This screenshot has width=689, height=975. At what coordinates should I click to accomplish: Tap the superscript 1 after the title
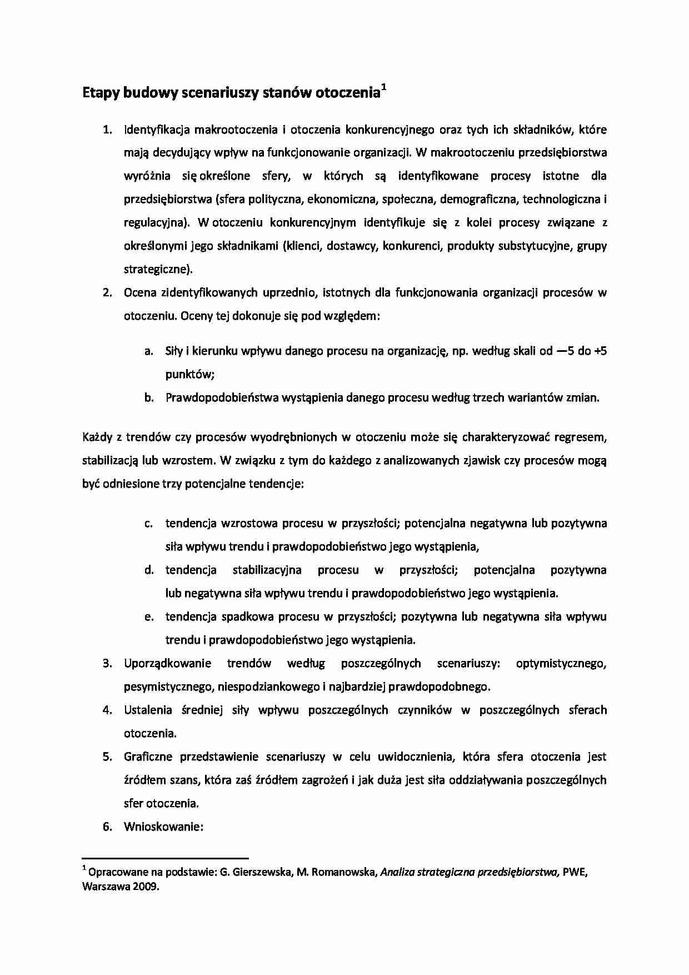(x=384, y=87)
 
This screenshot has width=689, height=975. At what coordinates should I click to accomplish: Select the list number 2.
(x=107, y=293)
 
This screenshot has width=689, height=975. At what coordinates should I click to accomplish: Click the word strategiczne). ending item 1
(x=158, y=270)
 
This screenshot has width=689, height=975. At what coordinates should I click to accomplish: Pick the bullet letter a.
(x=148, y=351)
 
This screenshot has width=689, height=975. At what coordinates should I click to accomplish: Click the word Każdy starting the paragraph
(x=97, y=437)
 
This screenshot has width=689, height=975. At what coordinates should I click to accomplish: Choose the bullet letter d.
(x=148, y=570)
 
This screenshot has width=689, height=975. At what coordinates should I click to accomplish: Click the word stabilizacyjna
(x=267, y=570)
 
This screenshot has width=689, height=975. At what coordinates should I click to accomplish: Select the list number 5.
(x=107, y=757)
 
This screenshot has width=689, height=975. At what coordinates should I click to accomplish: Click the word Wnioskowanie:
(x=164, y=827)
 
